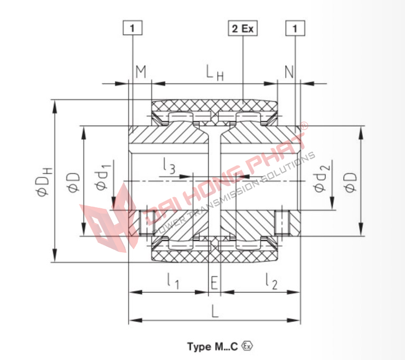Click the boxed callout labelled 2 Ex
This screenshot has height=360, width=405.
click(x=243, y=29)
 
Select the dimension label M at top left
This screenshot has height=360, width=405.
click(x=140, y=72)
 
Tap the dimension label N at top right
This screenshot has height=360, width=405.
click(x=289, y=72)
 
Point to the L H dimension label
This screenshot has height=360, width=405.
click(x=214, y=73)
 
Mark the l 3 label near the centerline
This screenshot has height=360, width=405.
click(x=169, y=168)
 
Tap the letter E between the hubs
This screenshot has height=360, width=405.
click(x=214, y=283)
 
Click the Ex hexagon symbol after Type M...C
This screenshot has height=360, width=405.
click(x=247, y=346)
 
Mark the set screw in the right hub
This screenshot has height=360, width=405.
click(x=282, y=223)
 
